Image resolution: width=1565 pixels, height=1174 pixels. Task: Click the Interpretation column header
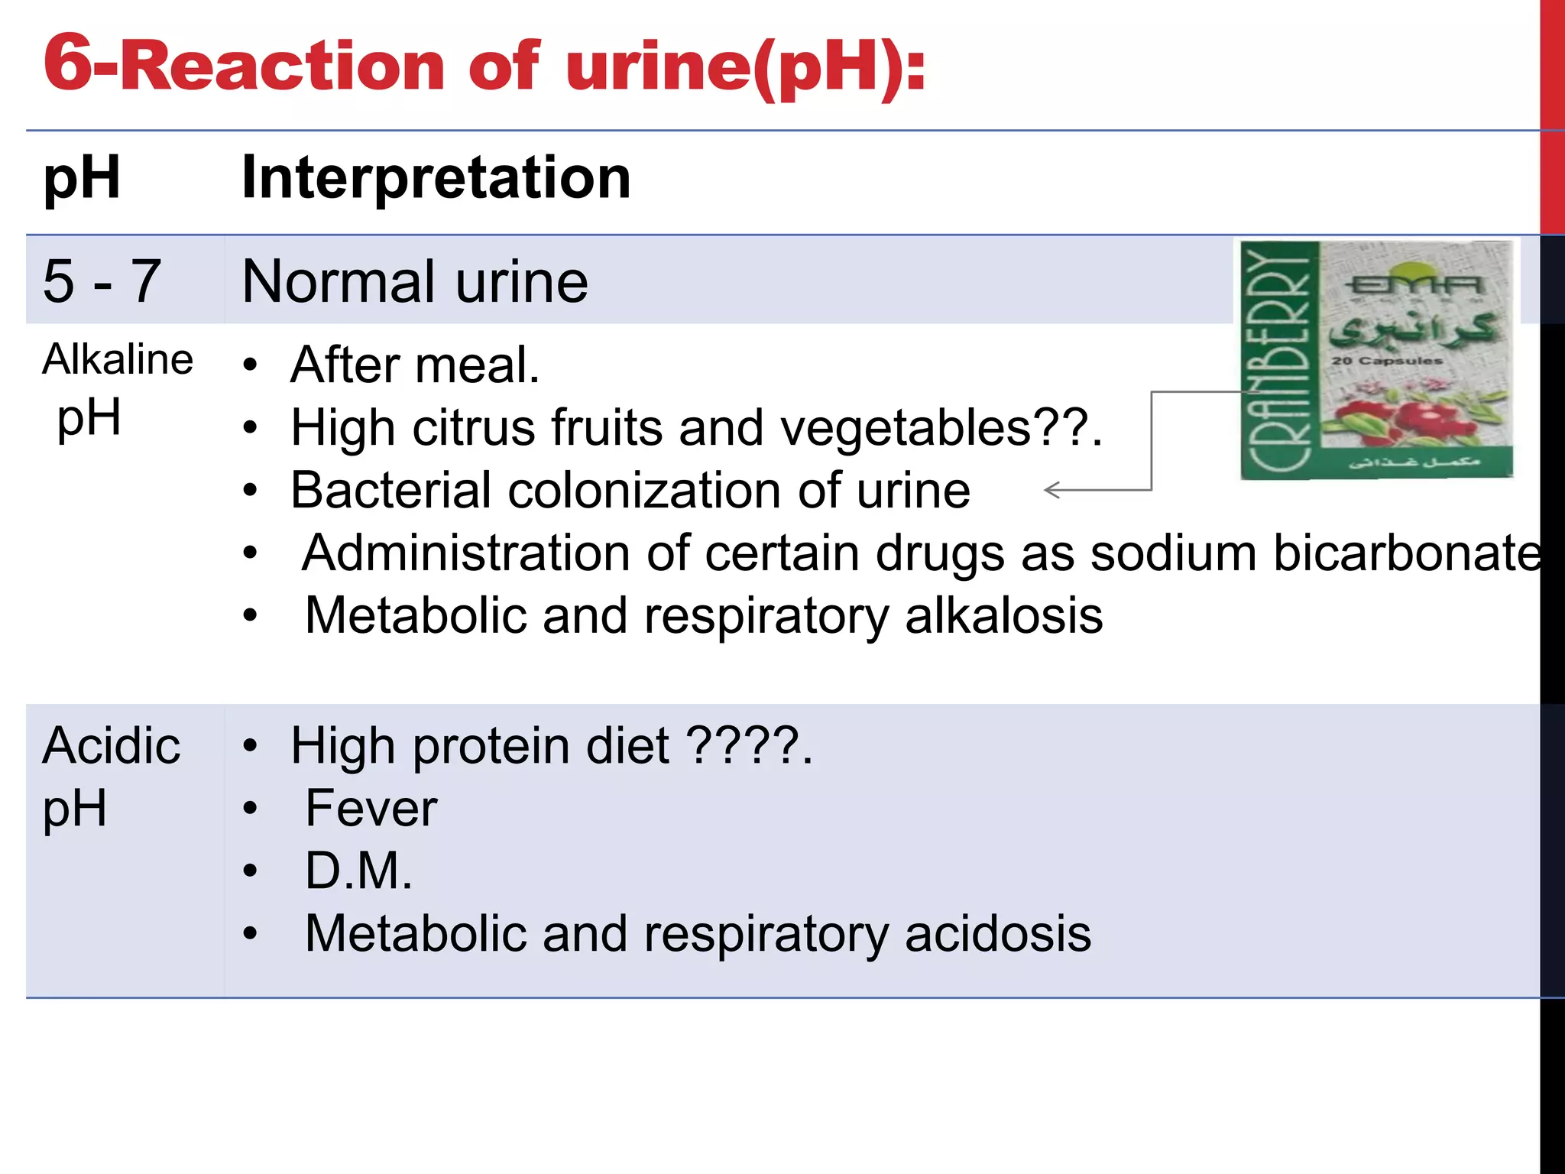436,178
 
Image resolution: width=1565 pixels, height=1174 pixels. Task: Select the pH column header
82,178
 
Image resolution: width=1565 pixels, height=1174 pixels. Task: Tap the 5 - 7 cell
102,281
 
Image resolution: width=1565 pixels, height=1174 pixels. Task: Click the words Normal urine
414,281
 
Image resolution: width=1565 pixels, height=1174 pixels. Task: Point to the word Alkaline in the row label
118,359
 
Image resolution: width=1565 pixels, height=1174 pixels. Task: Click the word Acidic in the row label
112,746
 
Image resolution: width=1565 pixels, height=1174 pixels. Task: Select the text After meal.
415,365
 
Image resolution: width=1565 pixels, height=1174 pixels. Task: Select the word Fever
371,809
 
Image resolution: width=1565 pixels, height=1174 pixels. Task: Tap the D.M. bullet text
358,871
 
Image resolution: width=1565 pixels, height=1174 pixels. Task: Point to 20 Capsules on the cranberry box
1386,361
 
